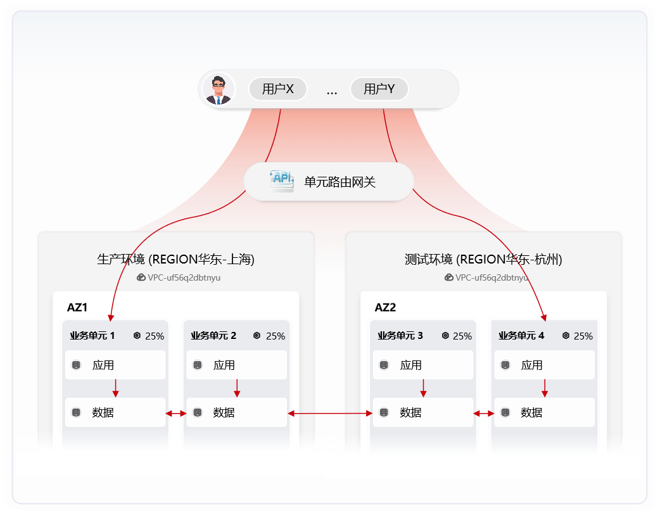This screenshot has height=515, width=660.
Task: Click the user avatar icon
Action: pyautogui.click(x=219, y=89)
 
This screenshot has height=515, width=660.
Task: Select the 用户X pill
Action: pyautogui.click(x=277, y=89)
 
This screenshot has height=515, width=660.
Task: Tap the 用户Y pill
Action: pyautogui.click(x=379, y=89)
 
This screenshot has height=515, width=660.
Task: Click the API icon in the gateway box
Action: pyautogui.click(x=282, y=181)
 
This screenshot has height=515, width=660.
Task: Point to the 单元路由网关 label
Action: pyautogui.click(x=340, y=182)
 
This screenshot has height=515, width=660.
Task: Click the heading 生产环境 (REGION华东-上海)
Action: pyautogui.click(x=175, y=259)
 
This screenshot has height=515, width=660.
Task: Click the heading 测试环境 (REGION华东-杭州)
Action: pyautogui.click(x=483, y=259)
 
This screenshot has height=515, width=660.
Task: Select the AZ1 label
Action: pyautogui.click(x=77, y=308)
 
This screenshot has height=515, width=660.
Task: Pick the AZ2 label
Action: pyautogui.click(x=385, y=308)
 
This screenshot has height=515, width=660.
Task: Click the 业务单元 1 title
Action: pyautogui.click(x=92, y=336)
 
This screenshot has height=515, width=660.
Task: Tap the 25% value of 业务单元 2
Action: pyautogui.click(x=276, y=336)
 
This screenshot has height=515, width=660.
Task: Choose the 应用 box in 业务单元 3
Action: pyautogui.click(x=422, y=365)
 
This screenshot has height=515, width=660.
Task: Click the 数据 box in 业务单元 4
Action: pyautogui.click(x=543, y=412)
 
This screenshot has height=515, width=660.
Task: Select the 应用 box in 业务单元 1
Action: pyautogui.click(x=115, y=365)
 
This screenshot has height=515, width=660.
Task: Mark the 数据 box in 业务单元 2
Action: pyautogui.click(x=236, y=412)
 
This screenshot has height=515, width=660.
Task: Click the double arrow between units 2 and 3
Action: pyautogui.click(x=330, y=414)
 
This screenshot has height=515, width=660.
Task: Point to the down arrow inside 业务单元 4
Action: pyautogui.click(x=545, y=388)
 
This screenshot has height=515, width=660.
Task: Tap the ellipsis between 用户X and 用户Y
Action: pyautogui.click(x=332, y=91)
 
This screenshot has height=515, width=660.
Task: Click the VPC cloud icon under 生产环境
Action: pyautogui.click(x=141, y=277)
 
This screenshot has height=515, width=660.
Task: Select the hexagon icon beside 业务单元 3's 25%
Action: pyautogui.click(x=446, y=336)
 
